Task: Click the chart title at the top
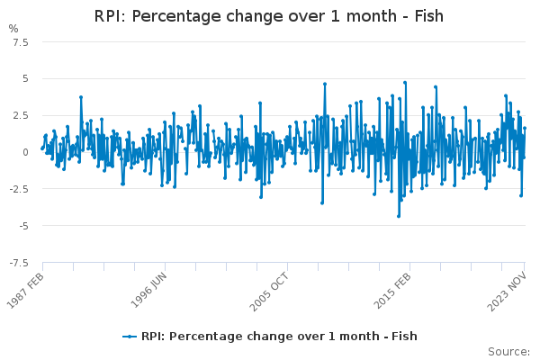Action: point(269,17)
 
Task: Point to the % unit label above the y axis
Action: point(13,29)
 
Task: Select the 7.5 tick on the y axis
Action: point(20,42)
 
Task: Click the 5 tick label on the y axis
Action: point(25,79)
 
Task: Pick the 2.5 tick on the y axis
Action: point(20,116)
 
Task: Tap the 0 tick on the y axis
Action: point(25,153)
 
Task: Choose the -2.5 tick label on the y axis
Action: point(18,189)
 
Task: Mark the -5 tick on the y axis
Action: point(23,226)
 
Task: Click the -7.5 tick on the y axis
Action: point(18,263)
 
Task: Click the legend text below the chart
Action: point(279,337)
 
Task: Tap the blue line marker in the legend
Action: point(130,337)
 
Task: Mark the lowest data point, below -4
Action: point(399,216)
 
